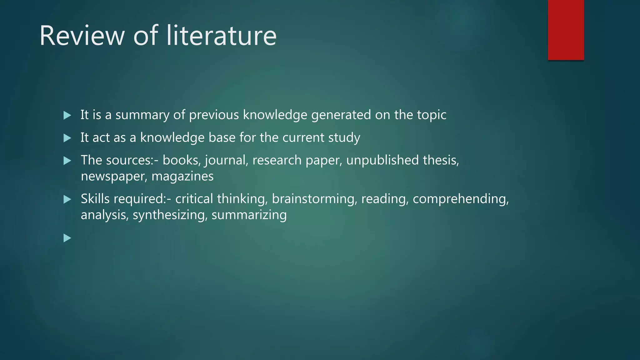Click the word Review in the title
click(82, 36)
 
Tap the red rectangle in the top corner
click(566, 30)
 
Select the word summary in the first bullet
click(142, 115)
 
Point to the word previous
click(214, 115)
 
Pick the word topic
click(432, 115)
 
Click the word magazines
click(182, 177)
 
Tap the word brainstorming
click(315, 199)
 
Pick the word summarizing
click(249, 215)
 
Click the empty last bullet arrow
click(67, 238)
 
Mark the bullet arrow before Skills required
click(67, 199)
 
